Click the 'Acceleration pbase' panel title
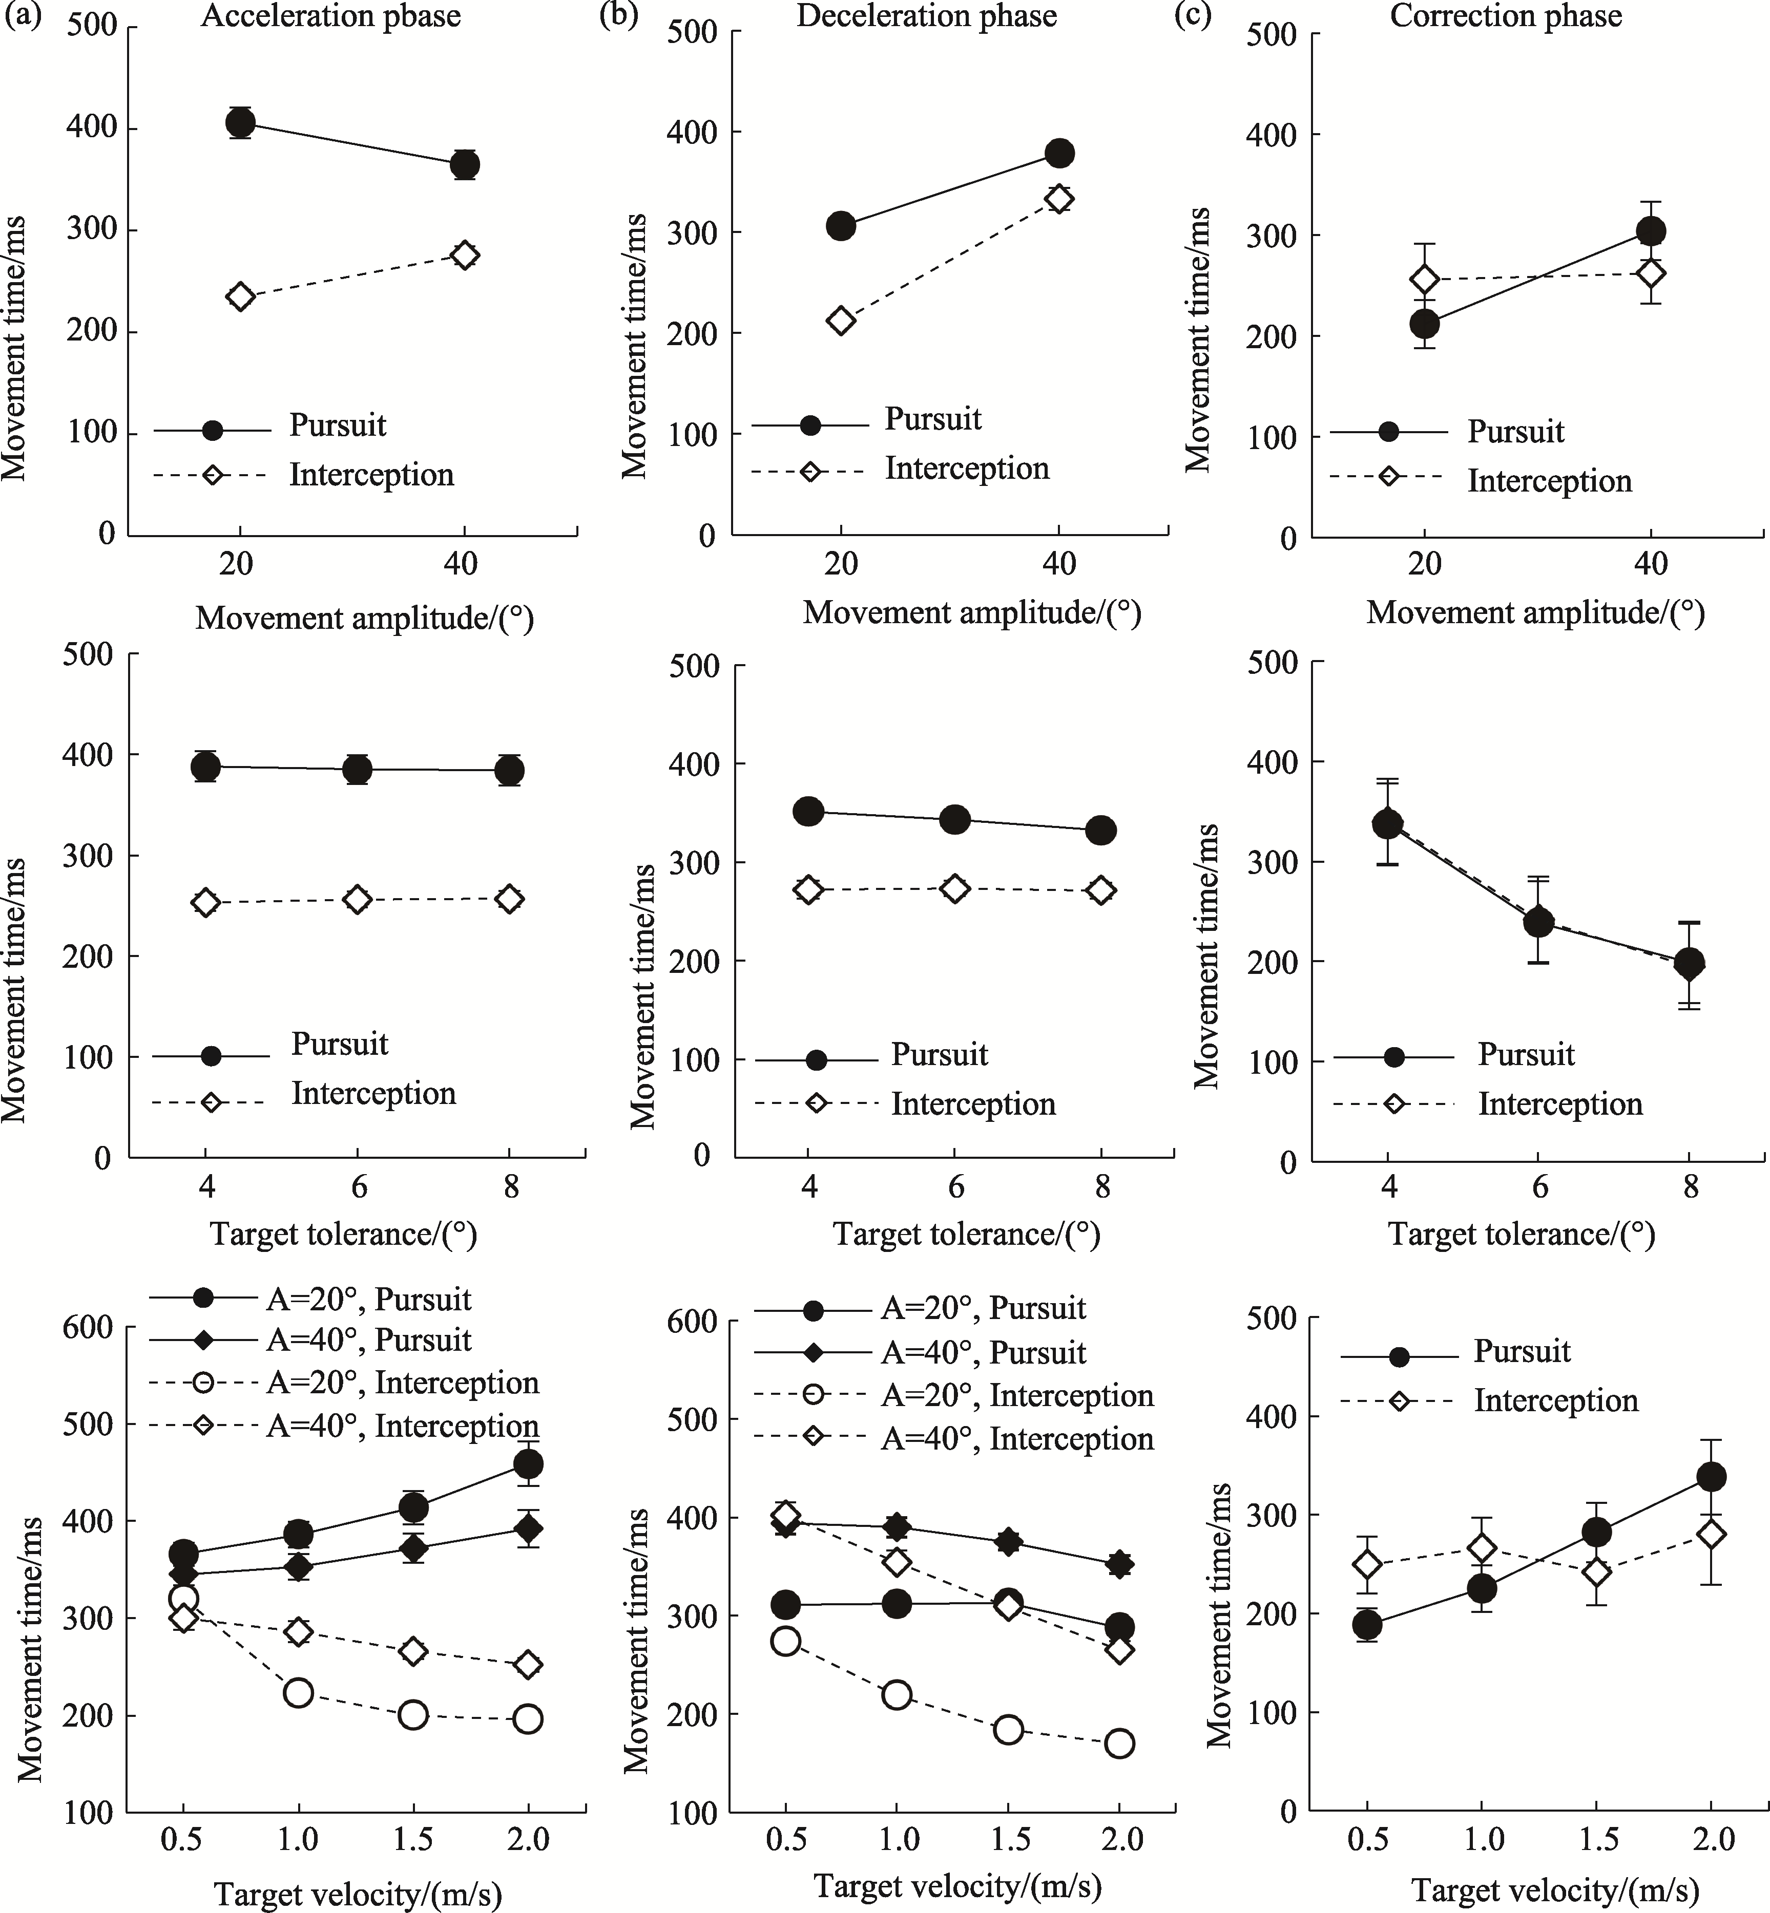[x=330, y=16]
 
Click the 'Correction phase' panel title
[x=1506, y=16]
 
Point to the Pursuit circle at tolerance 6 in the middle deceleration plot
[x=955, y=820]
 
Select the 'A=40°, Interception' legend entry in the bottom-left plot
[x=402, y=1426]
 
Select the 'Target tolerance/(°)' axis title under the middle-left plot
[x=343, y=1234]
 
